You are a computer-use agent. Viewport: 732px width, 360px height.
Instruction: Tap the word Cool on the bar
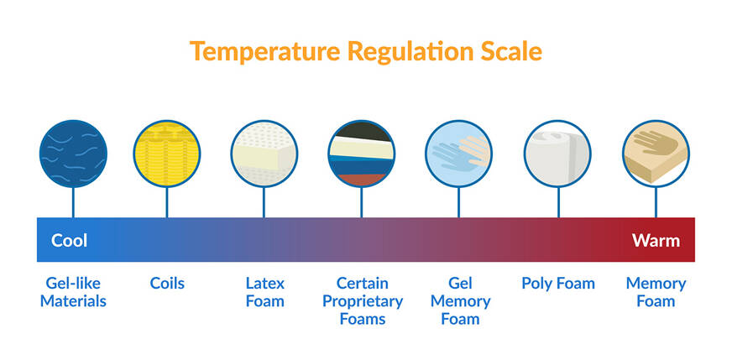click(70, 241)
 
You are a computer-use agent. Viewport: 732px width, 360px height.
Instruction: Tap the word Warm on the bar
click(656, 241)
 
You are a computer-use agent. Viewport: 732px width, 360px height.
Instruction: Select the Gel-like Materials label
click(73, 292)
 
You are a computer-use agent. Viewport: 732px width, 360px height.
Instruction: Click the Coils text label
click(167, 283)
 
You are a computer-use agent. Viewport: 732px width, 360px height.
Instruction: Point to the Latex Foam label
click(264, 292)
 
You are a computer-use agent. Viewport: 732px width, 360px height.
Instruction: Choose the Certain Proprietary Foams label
click(363, 300)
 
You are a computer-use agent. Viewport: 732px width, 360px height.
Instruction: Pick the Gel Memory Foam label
click(460, 300)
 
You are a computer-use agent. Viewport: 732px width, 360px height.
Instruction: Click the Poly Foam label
click(557, 283)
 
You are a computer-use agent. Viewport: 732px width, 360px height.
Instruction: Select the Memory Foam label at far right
click(656, 292)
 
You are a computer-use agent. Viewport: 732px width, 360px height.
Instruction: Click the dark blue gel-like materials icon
click(73, 153)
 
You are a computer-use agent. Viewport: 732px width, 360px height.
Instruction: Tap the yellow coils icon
click(167, 153)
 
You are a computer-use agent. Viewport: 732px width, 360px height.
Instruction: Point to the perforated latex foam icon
click(264, 153)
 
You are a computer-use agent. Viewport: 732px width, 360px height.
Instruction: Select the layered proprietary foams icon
click(362, 153)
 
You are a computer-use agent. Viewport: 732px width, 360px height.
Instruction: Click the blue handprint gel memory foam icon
click(459, 153)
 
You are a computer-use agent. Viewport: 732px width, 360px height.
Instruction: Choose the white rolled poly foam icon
click(557, 153)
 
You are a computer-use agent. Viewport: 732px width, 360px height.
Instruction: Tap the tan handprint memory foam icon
click(656, 153)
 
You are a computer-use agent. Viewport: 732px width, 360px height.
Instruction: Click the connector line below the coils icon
click(167, 202)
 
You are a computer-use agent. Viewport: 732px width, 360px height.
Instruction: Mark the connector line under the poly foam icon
click(557, 202)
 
